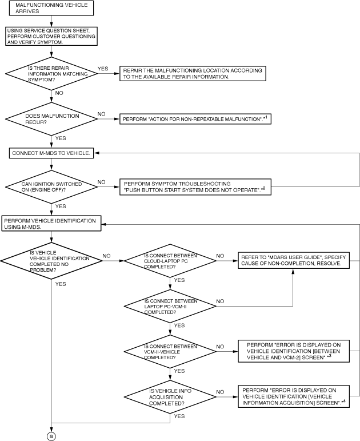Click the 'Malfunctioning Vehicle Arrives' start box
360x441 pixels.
(51, 8)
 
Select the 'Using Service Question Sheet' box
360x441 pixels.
(51, 36)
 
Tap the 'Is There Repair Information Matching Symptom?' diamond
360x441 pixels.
(51, 74)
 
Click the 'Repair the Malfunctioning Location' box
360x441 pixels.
(193, 74)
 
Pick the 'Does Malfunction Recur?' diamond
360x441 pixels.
(51, 119)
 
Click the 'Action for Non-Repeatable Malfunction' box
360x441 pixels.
(195, 119)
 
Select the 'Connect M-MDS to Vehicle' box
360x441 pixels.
(51, 153)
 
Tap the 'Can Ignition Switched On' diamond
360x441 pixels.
(51, 186)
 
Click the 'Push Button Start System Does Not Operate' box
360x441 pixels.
(195, 187)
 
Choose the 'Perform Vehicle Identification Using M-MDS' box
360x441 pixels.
(51, 224)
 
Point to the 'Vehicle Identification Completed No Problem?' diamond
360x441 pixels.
(51, 261)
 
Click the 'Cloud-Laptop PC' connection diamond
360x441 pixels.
(170, 261)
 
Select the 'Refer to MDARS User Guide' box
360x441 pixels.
(294, 260)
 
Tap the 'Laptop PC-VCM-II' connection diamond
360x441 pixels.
(170, 306)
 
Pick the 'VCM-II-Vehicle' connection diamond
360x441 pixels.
(170, 352)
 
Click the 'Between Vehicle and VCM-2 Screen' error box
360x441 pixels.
(294, 351)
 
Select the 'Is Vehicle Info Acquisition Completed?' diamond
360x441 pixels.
(170, 397)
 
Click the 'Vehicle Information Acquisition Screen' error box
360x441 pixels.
(294, 396)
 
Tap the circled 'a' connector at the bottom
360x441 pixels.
(51, 436)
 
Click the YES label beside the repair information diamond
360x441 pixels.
(103, 69)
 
